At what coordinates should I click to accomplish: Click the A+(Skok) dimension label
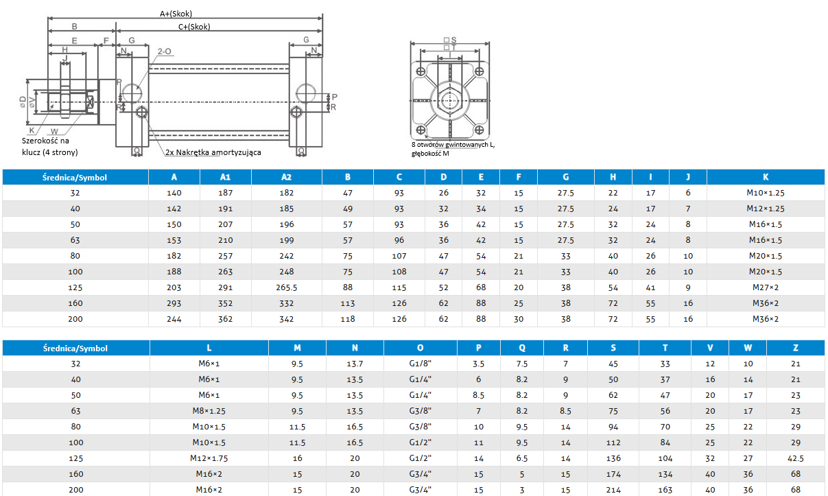[176, 14]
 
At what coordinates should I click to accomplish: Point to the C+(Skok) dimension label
[194, 27]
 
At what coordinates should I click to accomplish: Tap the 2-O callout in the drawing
[164, 51]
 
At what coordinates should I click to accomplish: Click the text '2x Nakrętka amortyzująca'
[213, 152]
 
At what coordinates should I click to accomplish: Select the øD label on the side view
[23, 102]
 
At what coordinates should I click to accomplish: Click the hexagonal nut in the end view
[450, 100]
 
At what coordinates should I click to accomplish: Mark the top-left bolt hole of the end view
[421, 71]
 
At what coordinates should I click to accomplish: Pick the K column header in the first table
[765, 177]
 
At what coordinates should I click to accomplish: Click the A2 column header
[286, 177]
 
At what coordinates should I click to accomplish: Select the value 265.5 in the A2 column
[286, 287]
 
